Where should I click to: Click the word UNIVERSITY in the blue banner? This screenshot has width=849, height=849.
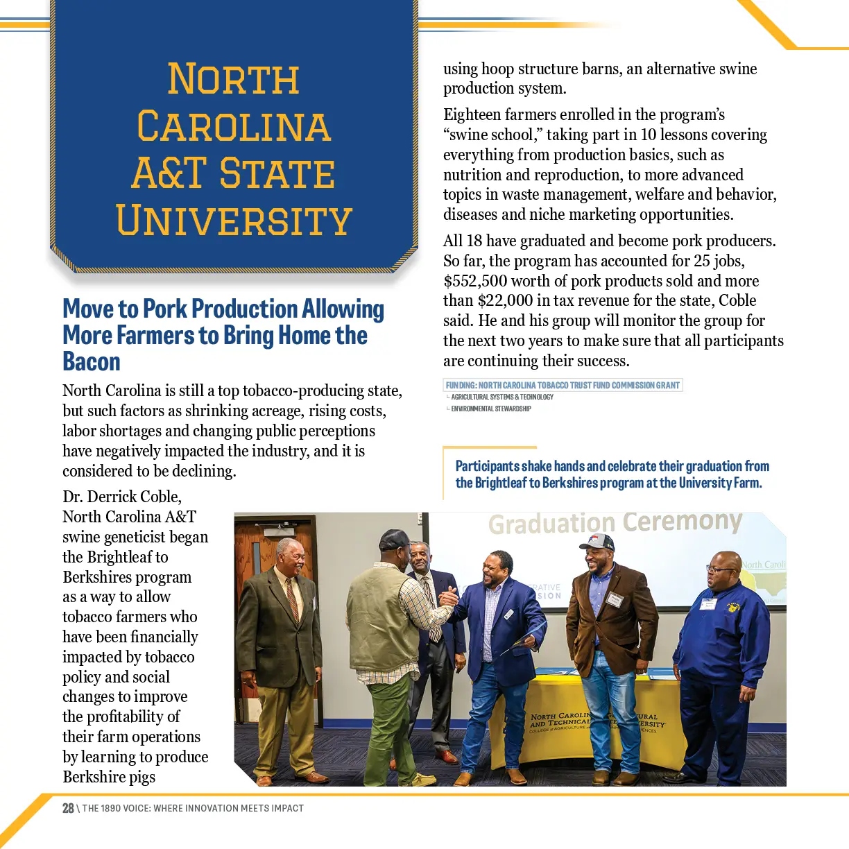tap(234, 221)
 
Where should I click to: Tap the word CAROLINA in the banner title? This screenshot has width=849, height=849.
tap(234, 126)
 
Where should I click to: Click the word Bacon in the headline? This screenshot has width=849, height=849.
tap(92, 362)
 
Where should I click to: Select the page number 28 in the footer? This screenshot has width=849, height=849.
tap(68, 808)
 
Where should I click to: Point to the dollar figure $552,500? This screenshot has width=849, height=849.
tap(478, 281)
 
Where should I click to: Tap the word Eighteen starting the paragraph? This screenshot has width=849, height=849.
tap(475, 114)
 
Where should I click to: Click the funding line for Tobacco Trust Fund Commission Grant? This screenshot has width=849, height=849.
tap(563, 385)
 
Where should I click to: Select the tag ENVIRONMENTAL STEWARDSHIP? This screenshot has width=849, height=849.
tap(490, 409)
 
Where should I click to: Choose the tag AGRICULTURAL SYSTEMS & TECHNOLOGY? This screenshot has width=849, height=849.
tap(501, 397)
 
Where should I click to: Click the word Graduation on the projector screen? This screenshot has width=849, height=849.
tap(551, 524)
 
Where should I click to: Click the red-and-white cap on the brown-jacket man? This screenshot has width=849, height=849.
tap(598, 542)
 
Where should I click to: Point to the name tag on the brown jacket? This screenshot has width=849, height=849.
tap(615, 600)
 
